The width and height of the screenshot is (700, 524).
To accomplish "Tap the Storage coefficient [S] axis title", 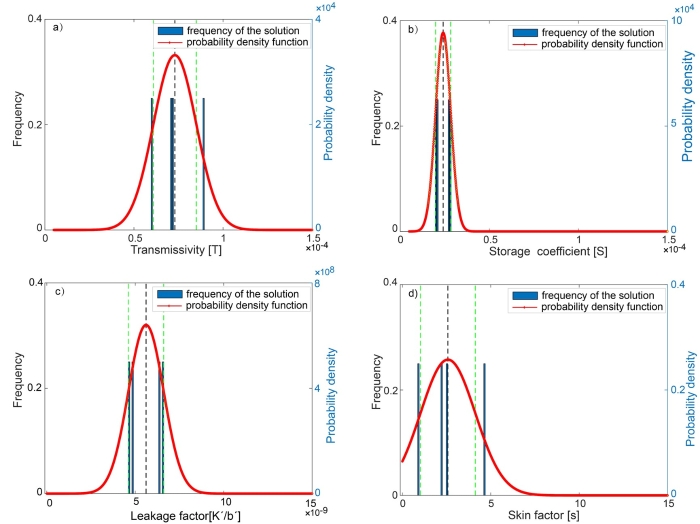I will [529, 250].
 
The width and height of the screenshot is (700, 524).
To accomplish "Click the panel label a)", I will [59, 28].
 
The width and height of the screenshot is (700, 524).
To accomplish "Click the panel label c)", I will [59, 293].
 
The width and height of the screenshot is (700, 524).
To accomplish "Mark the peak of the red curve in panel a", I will [175, 55].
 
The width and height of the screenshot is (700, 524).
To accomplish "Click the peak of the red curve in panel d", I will [448, 359].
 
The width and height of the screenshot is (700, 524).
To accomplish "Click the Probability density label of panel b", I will [689, 124].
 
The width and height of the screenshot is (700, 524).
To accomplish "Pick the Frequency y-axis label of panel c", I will [16, 388].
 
